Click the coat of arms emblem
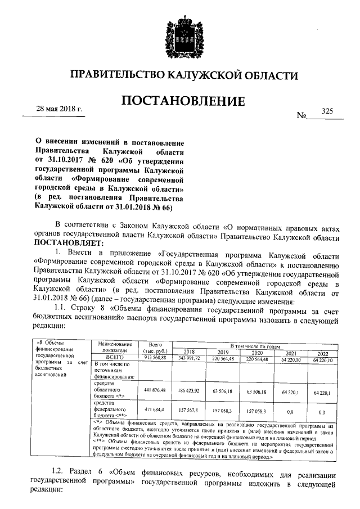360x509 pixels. coord(180,35)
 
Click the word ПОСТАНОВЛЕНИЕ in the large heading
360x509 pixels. coord(183,101)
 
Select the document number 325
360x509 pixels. coord(328,111)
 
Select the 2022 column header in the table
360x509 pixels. coord(322,352)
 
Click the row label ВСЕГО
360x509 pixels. coord(114,358)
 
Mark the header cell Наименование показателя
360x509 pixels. coord(114,347)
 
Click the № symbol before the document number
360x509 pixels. coord(301,115)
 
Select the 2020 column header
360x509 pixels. coord(257,352)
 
